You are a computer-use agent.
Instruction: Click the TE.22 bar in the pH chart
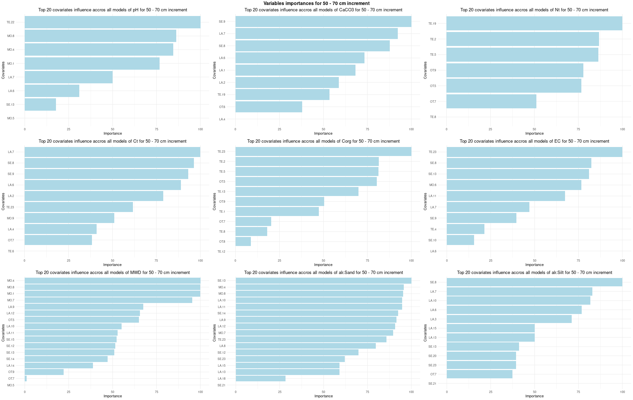(x=112, y=22)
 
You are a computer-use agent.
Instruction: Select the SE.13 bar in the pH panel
(x=40, y=104)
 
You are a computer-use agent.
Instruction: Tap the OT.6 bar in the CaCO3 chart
(x=269, y=107)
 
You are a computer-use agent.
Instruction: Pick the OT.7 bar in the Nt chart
(x=491, y=101)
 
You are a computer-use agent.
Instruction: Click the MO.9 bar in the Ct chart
(x=69, y=218)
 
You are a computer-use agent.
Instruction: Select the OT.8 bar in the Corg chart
(x=243, y=241)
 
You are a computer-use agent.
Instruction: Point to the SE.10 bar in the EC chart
(x=460, y=240)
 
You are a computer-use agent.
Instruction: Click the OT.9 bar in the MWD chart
(x=44, y=372)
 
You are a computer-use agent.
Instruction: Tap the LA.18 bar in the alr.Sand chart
(x=260, y=379)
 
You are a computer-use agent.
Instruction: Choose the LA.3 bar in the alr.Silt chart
(x=509, y=319)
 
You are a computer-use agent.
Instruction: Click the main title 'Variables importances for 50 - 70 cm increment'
(x=316, y=3)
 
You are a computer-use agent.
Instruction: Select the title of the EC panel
(x=534, y=141)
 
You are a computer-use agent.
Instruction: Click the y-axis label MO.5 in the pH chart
(x=11, y=118)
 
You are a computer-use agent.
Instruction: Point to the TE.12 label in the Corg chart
(x=221, y=252)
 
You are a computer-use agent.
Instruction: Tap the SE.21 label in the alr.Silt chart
(x=432, y=384)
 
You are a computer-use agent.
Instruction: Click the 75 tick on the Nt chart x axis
(x=578, y=129)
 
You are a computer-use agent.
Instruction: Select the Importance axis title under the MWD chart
(x=113, y=396)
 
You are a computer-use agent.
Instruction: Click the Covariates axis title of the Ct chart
(x=3, y=201)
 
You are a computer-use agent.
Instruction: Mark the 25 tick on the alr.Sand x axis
(x=280, y=392)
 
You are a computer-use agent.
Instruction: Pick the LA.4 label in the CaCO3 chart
(x=222, y=119)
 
